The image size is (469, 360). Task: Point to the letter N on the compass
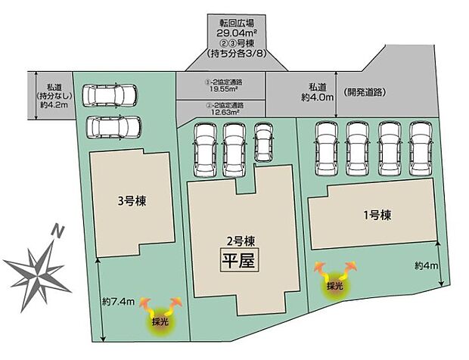57,229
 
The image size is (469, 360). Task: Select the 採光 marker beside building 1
334,286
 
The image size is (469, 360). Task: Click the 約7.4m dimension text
119,302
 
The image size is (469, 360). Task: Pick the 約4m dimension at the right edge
426,265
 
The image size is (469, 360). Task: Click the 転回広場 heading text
235,21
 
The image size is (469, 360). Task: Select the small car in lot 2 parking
263,141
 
